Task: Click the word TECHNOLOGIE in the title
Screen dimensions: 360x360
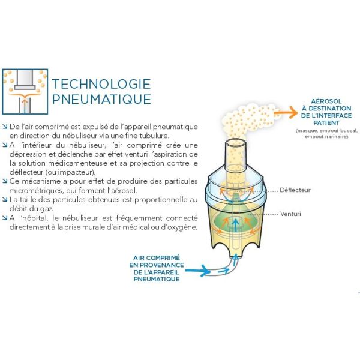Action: coord(101,84)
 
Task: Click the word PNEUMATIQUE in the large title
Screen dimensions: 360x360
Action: coord(102,99)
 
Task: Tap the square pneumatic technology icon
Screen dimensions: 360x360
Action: coord(25,91)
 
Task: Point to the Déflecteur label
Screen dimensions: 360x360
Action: coord(295,190)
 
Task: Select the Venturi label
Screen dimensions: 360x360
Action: coord(290,214)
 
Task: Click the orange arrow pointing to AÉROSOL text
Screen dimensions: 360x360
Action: coord(286,113)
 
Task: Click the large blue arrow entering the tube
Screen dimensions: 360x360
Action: coord(197,271)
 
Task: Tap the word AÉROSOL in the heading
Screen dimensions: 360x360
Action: coord(326,101)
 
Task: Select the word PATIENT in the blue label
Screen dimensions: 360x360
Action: coord(326,123)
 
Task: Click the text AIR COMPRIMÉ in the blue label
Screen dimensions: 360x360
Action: coord(157,258)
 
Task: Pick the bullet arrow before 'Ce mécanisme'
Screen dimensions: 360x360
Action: coord(5,181)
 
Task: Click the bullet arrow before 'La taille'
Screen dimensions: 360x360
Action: coord(5,200)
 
